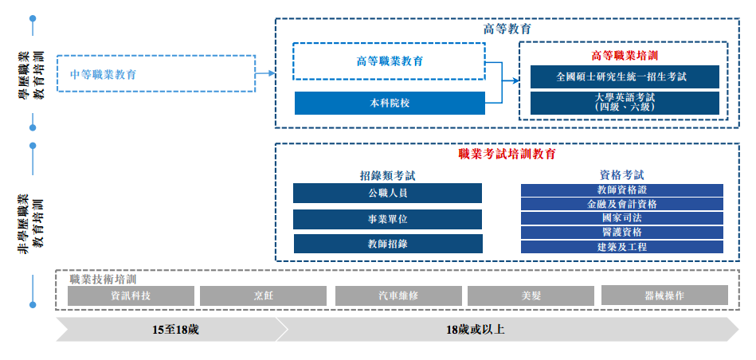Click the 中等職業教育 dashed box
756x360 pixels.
tap(156, 74)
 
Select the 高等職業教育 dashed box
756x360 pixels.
tap(389, 61)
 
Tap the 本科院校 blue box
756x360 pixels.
tap(389, 104)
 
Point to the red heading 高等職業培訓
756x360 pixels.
tap(625, 56)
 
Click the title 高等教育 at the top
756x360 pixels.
tap(507, 29)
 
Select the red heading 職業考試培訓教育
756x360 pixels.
tap(507, 154)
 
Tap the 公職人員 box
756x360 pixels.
tap(387, 194)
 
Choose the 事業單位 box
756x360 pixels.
tap(387, 219)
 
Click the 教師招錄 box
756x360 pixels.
tap(387, 245)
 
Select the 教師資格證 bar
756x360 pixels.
tap(621, 190)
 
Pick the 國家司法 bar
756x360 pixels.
tap(621, 218)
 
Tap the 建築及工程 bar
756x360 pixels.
tap(621, 247)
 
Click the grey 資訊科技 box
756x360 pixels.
tap(131, 295)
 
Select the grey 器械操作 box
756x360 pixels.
tap(664, 295)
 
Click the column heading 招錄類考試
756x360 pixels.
tap(387, 174)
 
